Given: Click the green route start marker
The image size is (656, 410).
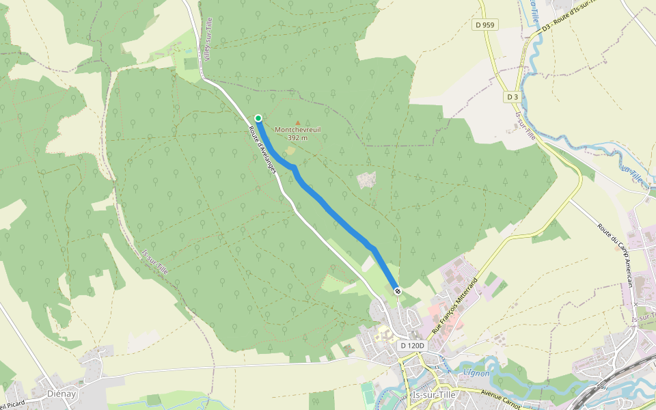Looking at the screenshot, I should pyautogui.click(x=258, y=118).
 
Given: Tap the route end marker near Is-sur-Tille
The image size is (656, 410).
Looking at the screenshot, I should pyautogui.click(x=398, y=292).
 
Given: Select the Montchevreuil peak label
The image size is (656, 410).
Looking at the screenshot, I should pyautogui.click(x=297, y=129).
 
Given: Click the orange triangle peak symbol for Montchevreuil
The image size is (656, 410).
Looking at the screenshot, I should pyautogui.click(x=297, y=122).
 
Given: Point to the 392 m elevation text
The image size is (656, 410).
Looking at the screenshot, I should pyautogui.click(x=297, y=138).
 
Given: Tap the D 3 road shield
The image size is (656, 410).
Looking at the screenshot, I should pyautogui.click(x=512, y=97).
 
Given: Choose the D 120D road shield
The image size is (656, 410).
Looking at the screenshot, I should pyautogui.click(x=412, y=346).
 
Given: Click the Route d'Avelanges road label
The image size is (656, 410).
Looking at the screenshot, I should pyautogui.click(x=263, y=144).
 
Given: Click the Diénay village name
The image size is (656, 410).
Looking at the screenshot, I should pyautogui.click(x=61, y=394).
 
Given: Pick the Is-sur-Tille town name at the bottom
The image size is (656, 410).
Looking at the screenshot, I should pyautogui.click(x=435, y=395).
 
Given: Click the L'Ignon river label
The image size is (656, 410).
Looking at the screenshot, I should pyautogui.click(x=476, y=372).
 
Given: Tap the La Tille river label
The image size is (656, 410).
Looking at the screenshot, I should pyautogui.click(x=632, y=174).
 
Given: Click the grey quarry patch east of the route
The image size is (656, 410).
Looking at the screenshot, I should pyautogui.click(x=366, y=180).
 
